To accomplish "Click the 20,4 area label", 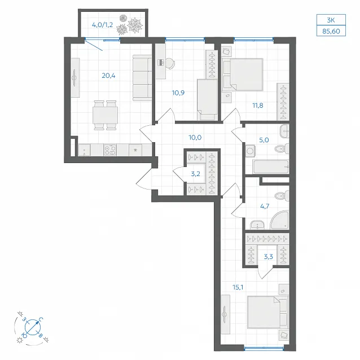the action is (108, 76).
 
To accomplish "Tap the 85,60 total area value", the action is (331, 31).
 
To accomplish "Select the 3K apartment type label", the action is (331, 20).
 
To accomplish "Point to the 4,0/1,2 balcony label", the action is (102, 25).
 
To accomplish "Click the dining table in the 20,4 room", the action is (105, 115).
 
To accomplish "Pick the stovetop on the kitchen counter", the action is (110, 150).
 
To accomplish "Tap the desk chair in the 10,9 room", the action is (170, 63).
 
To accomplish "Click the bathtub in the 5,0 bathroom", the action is (270, 167).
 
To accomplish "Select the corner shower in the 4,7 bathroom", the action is (279, 220).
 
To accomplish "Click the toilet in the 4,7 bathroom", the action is (282, 196).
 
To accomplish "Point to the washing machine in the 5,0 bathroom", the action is (251, 151).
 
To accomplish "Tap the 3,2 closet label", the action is (196, 174).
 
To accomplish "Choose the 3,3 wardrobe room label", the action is (269, 256).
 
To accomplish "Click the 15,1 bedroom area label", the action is (238, 287).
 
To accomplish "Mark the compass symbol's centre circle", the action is (33, 327).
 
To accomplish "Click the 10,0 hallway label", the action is (195, 138).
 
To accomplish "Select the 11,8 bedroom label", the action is (258, 106).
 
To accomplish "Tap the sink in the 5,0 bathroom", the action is (284, 131).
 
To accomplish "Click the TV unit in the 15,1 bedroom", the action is (225, 314).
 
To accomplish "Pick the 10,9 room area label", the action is (178, 93).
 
